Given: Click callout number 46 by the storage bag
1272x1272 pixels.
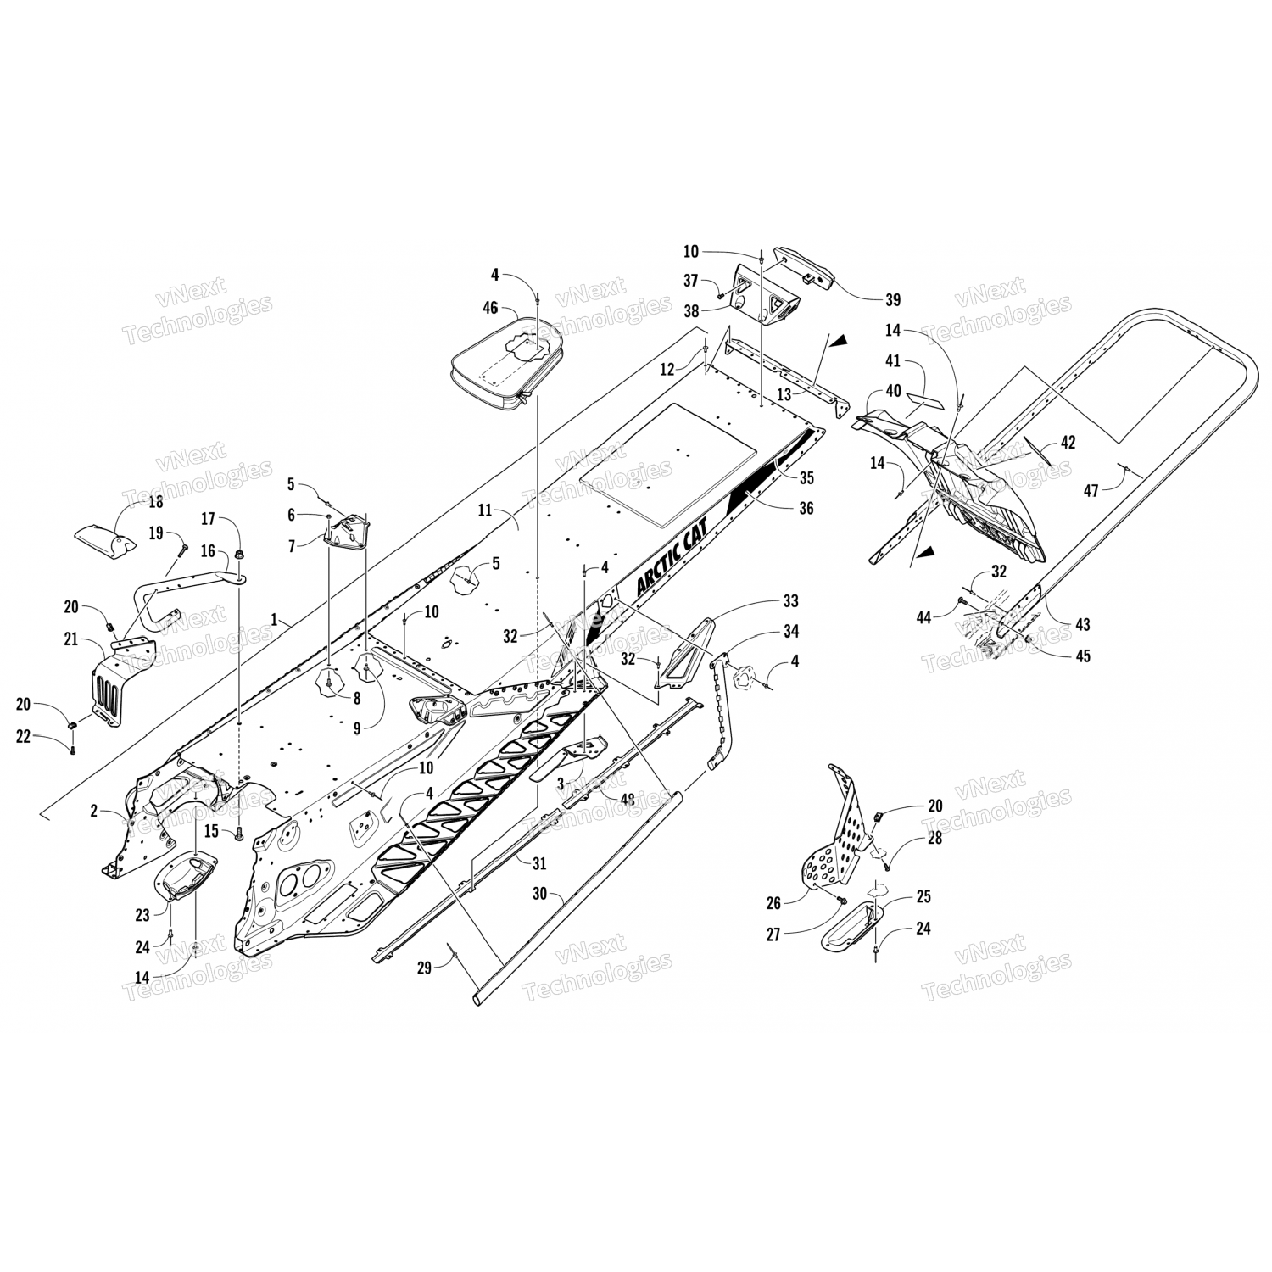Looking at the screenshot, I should (489, 310).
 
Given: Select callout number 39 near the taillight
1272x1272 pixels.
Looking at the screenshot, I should (892, 299).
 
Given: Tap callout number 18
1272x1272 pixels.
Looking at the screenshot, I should (156, 502).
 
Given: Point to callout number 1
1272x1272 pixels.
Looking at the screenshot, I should (275, 620).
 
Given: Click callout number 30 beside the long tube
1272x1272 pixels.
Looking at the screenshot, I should (539, 894).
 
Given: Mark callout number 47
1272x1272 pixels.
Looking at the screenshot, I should (1091, 490).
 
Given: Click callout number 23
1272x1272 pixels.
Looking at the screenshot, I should (142, 915).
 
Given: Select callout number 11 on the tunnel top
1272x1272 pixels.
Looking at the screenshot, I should (484, 510).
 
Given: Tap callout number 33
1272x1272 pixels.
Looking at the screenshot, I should (790, 601).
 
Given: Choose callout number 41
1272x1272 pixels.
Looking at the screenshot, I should (892, 361).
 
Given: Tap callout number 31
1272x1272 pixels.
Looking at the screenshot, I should (539, 863).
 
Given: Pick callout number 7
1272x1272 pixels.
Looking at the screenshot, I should (291, 547).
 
